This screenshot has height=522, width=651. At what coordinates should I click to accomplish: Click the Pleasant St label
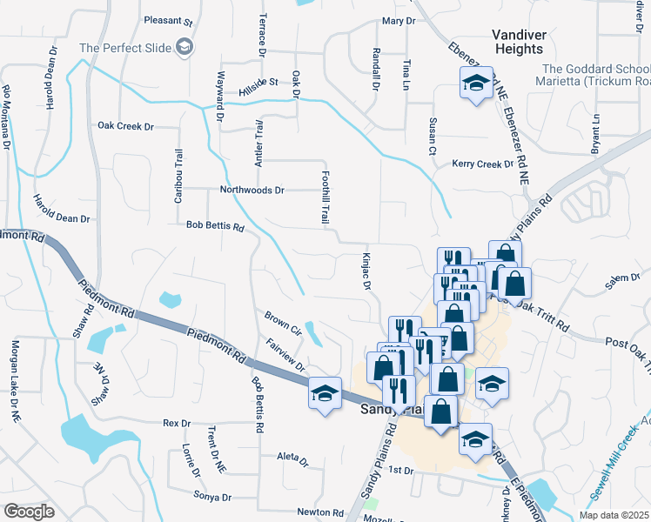tap(168, 20)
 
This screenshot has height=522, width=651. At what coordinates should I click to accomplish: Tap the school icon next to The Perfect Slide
tap(184, 47)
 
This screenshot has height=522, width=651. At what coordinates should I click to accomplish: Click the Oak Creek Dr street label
tap(125, 127)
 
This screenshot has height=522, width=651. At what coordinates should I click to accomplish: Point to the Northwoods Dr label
tap(252, 190)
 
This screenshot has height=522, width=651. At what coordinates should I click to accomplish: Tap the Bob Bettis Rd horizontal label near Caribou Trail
tap(215, 225)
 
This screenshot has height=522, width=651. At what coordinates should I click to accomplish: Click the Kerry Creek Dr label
tap(483, 164)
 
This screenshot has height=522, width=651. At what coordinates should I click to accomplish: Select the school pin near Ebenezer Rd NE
tap(476, 84)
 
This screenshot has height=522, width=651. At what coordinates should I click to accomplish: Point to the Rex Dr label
tap(177, 424)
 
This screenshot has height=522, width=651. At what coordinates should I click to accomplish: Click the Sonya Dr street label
tap(213, 498)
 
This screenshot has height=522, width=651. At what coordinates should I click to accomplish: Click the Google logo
tap(30, 512)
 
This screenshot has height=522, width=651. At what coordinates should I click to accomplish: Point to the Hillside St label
tap(258, 83)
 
